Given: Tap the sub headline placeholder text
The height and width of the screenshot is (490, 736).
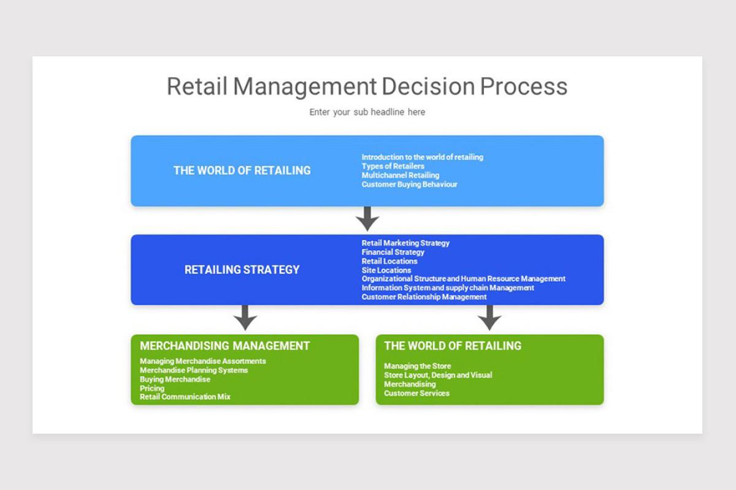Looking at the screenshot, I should (367, 112).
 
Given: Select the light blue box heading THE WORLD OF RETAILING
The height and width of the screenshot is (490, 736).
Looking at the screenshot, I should (242, 170).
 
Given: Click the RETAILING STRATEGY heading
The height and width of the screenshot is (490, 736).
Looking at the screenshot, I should (242, 269).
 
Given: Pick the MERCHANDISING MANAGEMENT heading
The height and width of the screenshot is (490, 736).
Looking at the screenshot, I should (224, 345).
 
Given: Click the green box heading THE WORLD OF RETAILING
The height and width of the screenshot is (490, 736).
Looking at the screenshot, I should (453, 345).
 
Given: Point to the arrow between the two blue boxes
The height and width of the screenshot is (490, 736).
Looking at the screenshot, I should (367, 218).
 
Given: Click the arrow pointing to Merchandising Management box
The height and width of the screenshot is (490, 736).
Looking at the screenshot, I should (245, 317).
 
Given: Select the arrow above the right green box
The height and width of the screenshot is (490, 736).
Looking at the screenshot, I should (489, 317).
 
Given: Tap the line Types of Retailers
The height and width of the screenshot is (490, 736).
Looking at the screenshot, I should (393, 166).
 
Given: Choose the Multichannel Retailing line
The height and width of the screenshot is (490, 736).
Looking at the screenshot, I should (400, 175).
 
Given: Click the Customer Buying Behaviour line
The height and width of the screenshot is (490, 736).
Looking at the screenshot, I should (409, 184).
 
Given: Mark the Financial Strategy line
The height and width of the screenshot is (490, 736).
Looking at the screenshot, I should (393, 252).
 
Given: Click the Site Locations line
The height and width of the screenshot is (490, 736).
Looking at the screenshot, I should (386, 270).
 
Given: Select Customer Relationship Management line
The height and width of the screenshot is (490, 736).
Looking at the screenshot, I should (424, 297).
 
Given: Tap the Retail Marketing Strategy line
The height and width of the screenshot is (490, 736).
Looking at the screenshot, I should (405, 243).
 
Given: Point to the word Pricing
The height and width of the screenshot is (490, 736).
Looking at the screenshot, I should (152, 388).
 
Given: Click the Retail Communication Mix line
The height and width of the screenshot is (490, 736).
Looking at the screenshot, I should (185, 397).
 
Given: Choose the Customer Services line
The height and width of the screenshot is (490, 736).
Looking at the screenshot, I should (416, 393).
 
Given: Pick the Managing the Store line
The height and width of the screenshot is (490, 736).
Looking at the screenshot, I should (417, 366).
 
